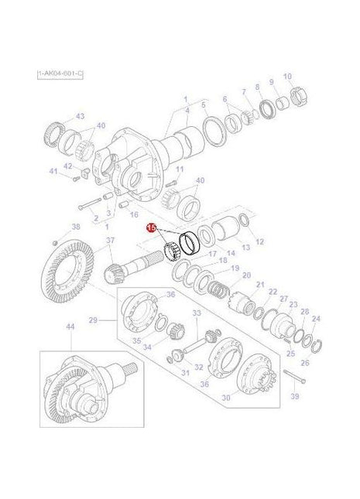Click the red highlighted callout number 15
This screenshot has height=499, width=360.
[152, 227]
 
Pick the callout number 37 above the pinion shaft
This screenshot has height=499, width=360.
[111, 240]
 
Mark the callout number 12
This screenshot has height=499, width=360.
[259, 242]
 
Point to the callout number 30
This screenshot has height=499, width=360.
[226, 398]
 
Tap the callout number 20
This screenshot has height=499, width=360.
[246, 275]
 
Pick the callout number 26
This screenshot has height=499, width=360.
[303, 363]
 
